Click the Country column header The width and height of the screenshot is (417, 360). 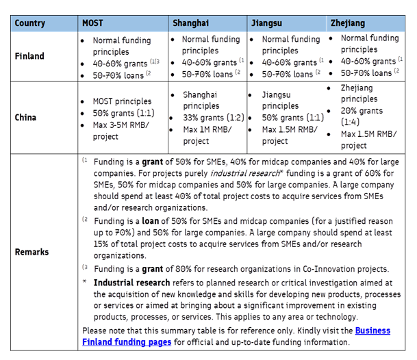coord(30,23)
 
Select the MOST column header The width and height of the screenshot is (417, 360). coord(92,23)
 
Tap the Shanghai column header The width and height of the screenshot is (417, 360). coord(190,23)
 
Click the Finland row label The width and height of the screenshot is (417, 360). coord(29,56)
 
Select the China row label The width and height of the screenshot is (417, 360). coord(26,117)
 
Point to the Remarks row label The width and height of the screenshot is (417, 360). coord(32,252)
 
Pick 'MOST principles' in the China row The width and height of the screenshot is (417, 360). coord(123,101)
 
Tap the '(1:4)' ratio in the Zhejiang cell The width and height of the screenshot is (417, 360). coord(352,122)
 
